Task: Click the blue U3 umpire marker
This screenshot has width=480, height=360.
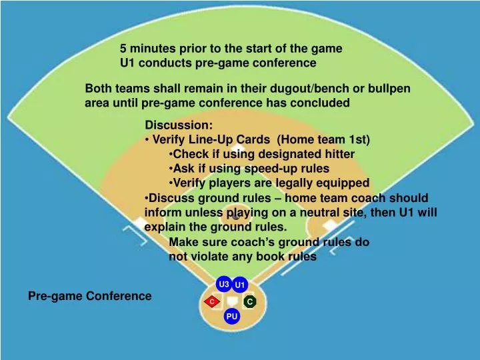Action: (224, 285)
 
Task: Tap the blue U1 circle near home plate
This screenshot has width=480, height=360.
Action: (241, 286)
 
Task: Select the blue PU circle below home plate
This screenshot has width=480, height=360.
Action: (231, 317)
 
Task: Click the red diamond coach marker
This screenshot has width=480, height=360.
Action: (212, 303)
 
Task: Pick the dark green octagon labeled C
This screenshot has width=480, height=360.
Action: (249, 302)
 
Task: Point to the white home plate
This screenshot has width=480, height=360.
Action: (231, 302)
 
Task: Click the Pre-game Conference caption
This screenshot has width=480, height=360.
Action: (89, 296)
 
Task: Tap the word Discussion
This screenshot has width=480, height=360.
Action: (179, 125)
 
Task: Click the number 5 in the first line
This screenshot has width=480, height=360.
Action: (123, 49)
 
